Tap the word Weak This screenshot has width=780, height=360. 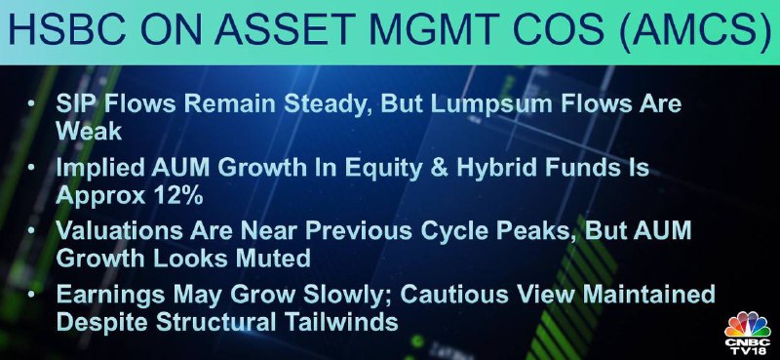coord(89,131)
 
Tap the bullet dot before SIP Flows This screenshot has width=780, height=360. coord(32,105)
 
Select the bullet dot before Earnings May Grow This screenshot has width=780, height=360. coord(32,295)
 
